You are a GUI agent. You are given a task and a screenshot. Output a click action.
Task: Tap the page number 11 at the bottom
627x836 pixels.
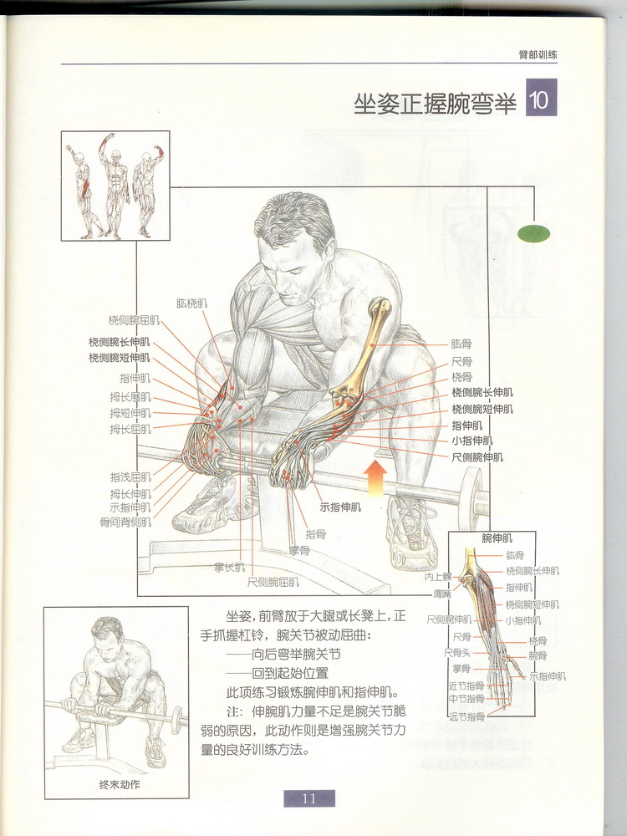pos(308,798)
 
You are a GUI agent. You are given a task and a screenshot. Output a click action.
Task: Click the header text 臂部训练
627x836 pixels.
pos(538,55)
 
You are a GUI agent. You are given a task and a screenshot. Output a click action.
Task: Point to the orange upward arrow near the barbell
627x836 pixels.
pos(376,477)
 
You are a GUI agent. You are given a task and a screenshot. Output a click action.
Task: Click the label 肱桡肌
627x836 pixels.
pos(193,304)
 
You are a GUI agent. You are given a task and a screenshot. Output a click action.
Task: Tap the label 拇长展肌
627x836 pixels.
pos(130,396)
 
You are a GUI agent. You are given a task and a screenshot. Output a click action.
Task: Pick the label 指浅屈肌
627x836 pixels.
pos(130,477)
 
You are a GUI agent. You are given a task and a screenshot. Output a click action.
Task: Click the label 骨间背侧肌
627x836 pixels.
pos(125,522)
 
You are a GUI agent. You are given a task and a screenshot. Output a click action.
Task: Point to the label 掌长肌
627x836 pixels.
pos(229,568)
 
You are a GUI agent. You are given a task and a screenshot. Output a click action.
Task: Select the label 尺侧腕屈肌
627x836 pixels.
pos(273,581)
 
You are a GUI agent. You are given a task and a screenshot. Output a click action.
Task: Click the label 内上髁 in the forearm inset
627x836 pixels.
pos(437,578)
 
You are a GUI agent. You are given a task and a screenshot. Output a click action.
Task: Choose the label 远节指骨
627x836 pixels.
pos(466,716)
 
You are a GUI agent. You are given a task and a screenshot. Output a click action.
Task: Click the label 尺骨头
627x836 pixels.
pos(457,652)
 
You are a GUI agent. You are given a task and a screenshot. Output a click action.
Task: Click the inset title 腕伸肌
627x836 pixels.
pos(497,538)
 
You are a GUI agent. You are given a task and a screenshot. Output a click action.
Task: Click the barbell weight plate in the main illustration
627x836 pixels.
pos(472,497)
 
